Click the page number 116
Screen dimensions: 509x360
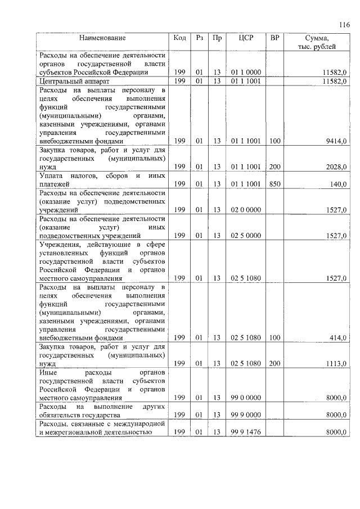click(x=344, y=24)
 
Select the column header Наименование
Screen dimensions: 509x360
click(x=102, y=38)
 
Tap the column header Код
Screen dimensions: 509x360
click(x=180, y=38)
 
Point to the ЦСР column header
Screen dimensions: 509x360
click(x=245, y=38)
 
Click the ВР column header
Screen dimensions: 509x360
click(x=274, y=38)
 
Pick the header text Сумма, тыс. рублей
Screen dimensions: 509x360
click(x=317, y=42)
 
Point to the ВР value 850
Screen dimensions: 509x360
click(x=274, y=184)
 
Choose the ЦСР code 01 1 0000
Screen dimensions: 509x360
click(x=245, y=73)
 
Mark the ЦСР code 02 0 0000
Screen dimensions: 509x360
click(x=245, y=209)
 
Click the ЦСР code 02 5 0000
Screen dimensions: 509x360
click(x=245, y=236)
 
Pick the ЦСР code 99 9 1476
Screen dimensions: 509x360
click(x=245, y=432)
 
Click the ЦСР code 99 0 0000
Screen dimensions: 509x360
click(x=245, y=398)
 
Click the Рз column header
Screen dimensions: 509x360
click(x=199, y=38)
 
